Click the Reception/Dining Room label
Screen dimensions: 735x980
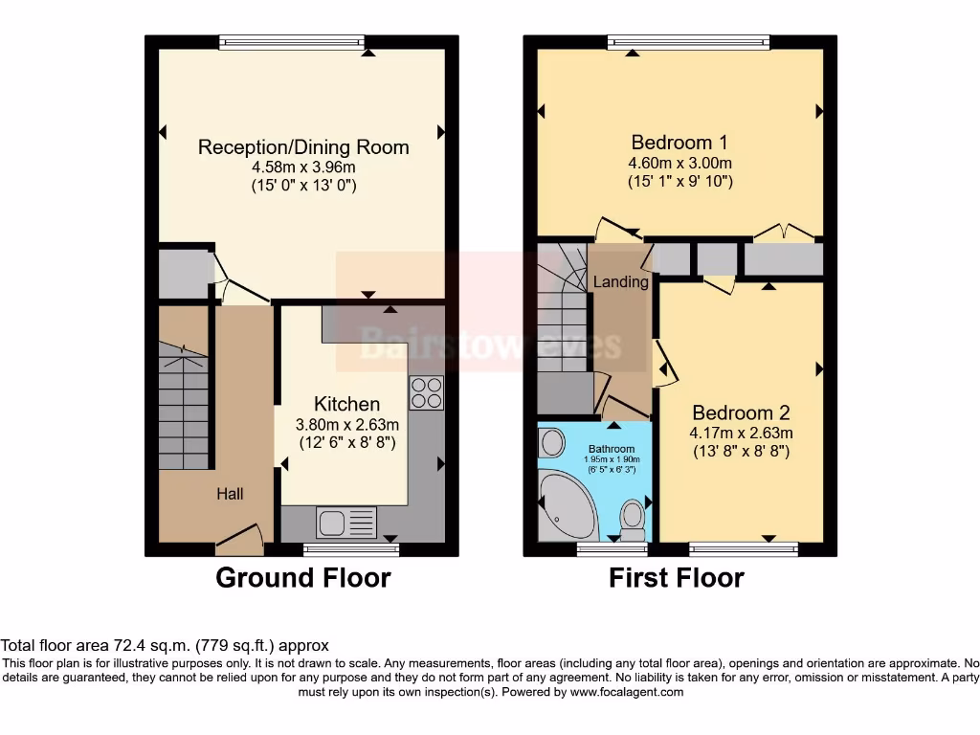303,146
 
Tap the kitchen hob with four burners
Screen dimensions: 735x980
426,392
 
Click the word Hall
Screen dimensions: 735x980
230,494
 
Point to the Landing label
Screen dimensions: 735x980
620,282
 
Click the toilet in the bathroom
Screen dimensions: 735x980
633,520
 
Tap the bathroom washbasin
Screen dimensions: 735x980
552,442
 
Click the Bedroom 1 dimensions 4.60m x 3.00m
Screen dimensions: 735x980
680,163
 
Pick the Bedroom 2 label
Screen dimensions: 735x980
741,413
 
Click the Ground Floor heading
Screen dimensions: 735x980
302,578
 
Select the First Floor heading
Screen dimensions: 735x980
677,578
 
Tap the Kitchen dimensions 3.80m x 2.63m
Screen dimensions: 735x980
346,424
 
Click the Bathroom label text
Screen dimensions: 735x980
612,449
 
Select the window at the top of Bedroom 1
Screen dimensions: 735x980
688,41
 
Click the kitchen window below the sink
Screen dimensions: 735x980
350,548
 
